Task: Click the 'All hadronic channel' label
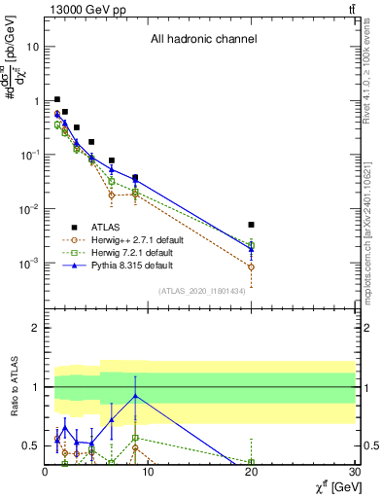tap(203, 40)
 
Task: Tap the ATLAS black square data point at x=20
tap(252, 225)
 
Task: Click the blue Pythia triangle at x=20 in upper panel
tap(252, 248)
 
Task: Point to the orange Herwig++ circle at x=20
tap(252, 267)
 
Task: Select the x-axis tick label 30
tap(354, 472)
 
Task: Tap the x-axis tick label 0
tap(45, 472)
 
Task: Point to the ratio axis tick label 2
tap(35, 329)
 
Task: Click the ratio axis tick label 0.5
tap(30, 445)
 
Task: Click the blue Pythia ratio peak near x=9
tap(135, 396)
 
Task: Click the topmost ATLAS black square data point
tap(57, 99)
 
